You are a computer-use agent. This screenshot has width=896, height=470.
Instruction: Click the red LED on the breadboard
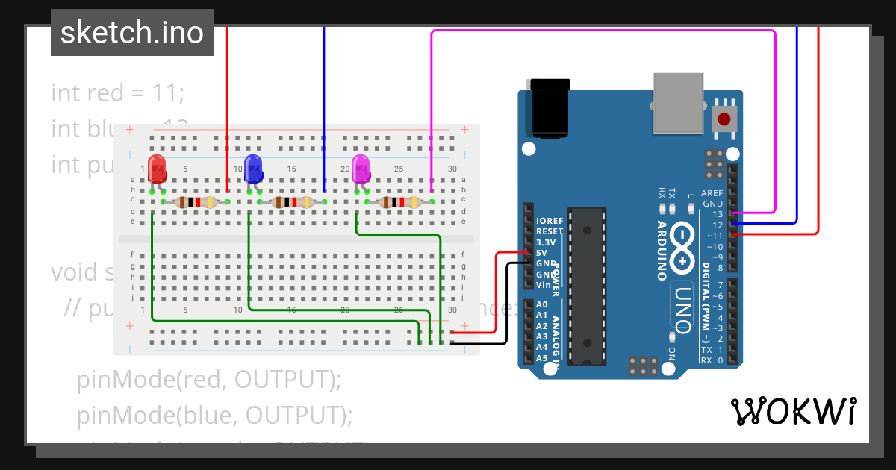click(157, 169)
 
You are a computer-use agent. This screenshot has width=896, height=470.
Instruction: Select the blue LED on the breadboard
click(253, 169)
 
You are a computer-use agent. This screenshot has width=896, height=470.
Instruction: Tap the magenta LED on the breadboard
click(361, 169)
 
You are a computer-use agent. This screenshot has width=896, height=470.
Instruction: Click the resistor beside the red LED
click(196, 202)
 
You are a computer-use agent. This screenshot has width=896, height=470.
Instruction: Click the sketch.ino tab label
click(132, 33)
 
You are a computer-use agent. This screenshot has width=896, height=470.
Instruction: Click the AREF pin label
click(712, 192)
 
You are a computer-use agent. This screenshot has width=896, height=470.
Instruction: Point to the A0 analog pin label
click(542, 305)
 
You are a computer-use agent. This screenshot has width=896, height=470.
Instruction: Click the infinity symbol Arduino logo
click(682, 248)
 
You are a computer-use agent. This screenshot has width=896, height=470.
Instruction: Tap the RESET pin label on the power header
click(549, 232)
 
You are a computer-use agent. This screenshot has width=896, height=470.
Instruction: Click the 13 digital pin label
click(718, 214)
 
